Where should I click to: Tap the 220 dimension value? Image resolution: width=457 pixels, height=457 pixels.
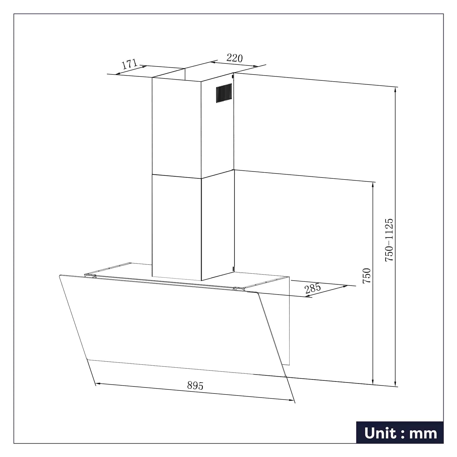coord(235,58)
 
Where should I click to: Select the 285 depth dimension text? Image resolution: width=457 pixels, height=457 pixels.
coord(313,289)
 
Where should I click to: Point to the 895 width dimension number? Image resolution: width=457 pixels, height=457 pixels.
coord(195,385)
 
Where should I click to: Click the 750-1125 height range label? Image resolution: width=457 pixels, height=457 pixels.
coord(389,240)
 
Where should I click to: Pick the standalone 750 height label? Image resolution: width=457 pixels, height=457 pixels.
coord(367,276)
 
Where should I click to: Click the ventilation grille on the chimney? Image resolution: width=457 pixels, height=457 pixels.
coord(224,93)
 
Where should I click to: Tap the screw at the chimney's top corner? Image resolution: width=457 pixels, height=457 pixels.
coord(233,76)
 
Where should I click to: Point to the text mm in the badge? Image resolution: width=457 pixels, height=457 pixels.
coord(423,434)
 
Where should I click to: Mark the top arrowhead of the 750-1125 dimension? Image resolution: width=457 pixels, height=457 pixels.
coord(395,89)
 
